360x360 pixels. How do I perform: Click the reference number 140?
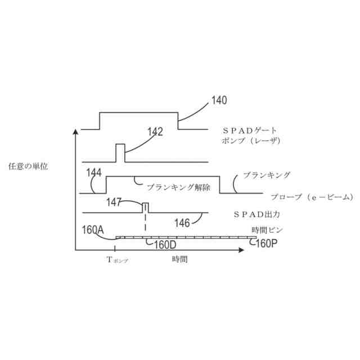pyautogui.click(x=219, y=101)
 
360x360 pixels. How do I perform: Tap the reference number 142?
pyautogui.click(x=155, y=132)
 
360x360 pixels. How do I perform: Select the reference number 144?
pyautogui.click(x=94, y=173)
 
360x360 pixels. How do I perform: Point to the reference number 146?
pyautogui.click(x=182, y=223)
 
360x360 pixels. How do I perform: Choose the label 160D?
pyautogui.click(x=165, y=245)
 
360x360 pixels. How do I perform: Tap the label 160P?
pyautogui.click(x=266, y=244)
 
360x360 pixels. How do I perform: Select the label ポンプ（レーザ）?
pyautogui.click(x=251, y=141)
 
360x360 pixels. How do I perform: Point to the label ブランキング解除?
pyautogui.click(x=178, y=188)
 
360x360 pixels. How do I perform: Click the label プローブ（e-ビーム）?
pyautogui.click(x=311, y=197)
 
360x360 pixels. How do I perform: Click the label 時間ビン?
pyautogui.click(x=267, y=230)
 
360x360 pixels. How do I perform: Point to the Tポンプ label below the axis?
pyautogui.click(x=117, y=260)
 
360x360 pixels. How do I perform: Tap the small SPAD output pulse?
pyautogui.click(x=145, y=207)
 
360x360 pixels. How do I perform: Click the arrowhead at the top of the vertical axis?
pyautogui.click(x=75, y=132)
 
